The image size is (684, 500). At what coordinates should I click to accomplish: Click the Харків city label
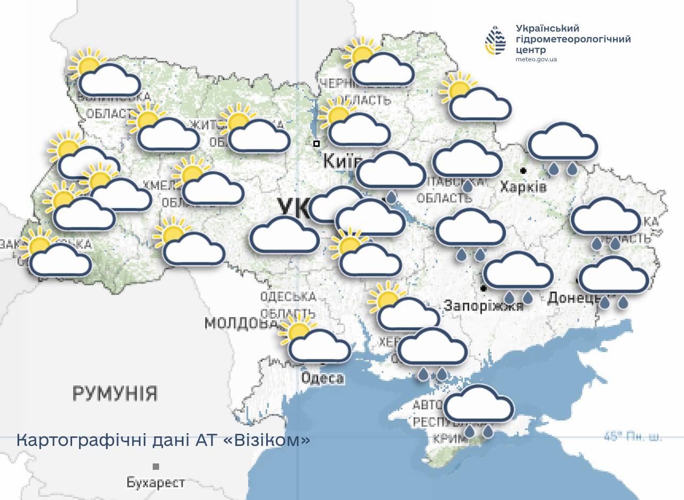tap(523, 187)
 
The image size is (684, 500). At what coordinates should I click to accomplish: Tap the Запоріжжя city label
tap(484, 306)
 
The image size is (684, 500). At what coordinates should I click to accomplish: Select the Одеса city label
tap(322, 378)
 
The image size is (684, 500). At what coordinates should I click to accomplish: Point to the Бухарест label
tap(156, 482)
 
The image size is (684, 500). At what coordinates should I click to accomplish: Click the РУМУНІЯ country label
tap(115, 394)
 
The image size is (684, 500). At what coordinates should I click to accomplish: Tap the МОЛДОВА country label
tap(240, 323)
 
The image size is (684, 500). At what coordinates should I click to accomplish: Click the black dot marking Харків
tap(523, 171)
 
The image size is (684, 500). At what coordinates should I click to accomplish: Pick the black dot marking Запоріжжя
tap(484, 288)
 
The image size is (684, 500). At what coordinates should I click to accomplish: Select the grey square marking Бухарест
tap(156, 466)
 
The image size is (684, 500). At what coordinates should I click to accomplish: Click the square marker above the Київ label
tap(316, 143)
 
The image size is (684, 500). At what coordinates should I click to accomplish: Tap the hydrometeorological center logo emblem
tap(495, 41)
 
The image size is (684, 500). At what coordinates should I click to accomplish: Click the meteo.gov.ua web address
tap(536, 59)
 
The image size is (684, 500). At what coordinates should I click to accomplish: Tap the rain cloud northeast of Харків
tap(562, 147)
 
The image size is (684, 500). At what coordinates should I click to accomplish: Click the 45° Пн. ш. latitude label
tap(633, 436)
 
